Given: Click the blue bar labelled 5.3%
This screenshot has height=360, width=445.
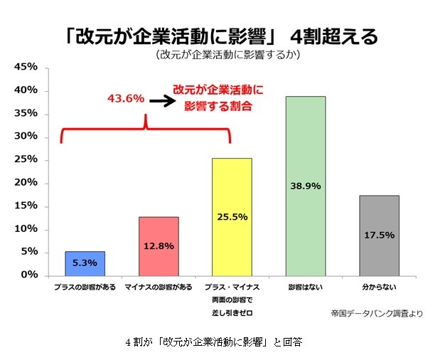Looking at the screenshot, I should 85,263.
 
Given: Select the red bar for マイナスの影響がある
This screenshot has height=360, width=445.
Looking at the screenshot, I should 159,245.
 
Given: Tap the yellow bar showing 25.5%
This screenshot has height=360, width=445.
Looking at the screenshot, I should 232,216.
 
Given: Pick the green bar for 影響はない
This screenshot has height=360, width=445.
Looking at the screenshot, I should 306,186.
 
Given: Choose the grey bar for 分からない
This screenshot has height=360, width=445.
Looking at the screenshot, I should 379,235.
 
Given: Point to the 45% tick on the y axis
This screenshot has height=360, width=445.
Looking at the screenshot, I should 26,68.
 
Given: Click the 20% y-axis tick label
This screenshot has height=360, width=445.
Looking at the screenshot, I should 26,183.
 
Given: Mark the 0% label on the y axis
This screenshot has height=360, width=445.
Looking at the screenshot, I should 29,275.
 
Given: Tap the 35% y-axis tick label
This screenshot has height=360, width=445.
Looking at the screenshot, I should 26,114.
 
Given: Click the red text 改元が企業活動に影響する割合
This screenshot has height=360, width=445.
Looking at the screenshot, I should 217,98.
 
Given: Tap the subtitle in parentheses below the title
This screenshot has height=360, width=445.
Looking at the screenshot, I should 223,54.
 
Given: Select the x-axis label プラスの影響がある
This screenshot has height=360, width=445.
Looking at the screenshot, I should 85,287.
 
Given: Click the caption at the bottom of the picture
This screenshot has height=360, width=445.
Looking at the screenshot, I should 213,342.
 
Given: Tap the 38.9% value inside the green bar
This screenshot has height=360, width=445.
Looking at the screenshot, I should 306,186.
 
